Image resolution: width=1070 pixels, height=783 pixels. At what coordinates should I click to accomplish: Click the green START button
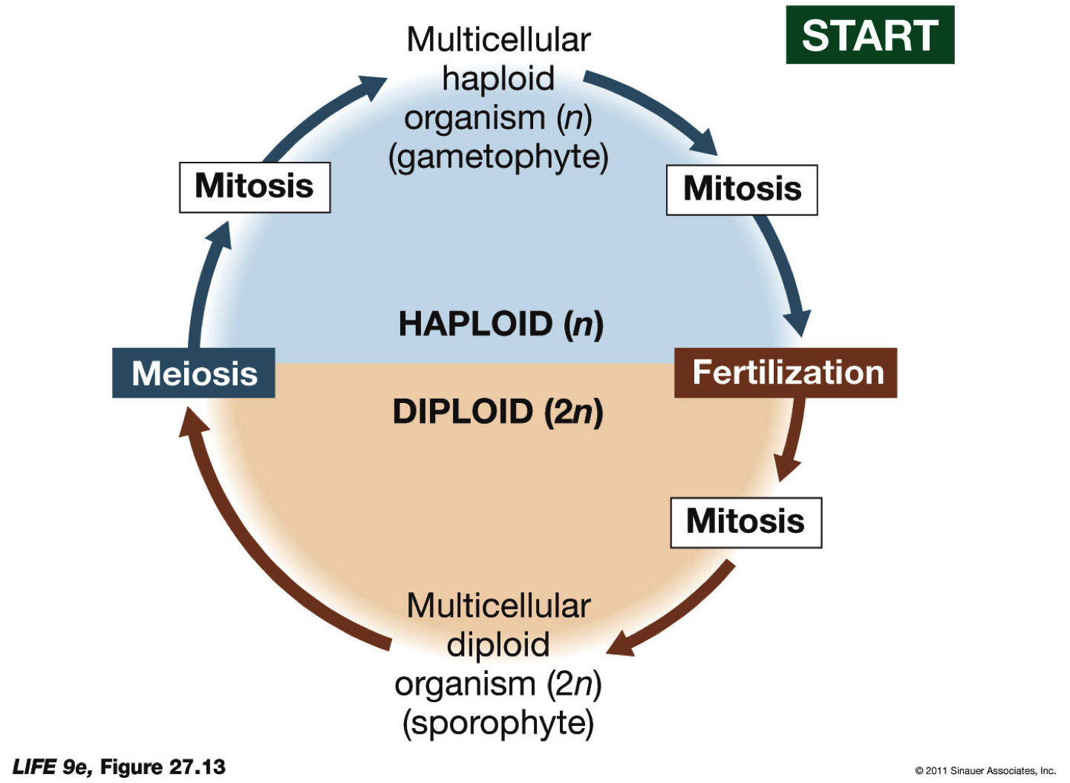870,35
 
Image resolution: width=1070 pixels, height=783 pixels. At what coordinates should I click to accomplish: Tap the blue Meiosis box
194,373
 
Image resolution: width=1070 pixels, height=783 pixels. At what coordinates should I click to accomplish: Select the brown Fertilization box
786,373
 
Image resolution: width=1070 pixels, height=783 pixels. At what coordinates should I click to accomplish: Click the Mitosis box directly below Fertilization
746,522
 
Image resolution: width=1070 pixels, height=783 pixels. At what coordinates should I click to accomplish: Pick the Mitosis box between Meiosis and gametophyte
255,187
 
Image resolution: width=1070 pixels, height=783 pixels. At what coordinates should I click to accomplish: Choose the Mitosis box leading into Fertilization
742,190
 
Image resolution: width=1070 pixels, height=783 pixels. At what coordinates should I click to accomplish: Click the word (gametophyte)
498,157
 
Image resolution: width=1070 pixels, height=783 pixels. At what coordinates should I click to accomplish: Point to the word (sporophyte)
498,723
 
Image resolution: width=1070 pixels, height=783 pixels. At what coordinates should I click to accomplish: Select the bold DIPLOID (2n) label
498,412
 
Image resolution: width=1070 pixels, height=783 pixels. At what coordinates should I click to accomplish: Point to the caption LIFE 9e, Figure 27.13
119,767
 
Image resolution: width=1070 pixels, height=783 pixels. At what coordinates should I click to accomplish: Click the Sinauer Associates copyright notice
985,770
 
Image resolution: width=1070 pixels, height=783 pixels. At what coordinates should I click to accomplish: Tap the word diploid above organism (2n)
498,644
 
